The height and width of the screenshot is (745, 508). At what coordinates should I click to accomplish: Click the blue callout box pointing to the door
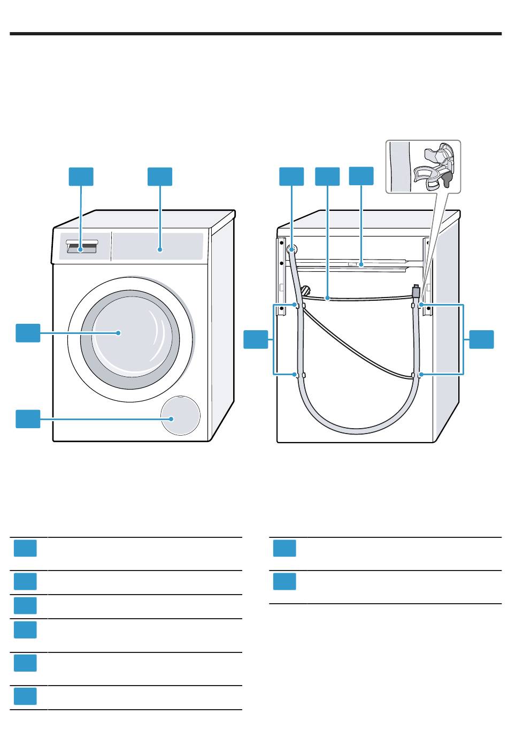(x=28, y=332)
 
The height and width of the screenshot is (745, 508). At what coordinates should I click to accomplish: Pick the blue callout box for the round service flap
(x=28, y=419)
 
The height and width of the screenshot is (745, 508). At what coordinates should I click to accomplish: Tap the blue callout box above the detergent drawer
(x=81, y=177)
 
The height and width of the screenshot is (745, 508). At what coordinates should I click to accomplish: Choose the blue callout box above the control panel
(x=160, y=177)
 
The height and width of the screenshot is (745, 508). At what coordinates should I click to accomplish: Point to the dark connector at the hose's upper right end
(x=416, y=293)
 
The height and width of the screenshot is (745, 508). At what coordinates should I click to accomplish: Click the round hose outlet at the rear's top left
(x=292, y=249)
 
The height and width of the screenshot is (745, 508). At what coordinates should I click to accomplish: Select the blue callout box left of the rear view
(x=256, y=340)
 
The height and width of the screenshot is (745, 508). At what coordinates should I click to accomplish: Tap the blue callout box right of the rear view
(x=481, y=340)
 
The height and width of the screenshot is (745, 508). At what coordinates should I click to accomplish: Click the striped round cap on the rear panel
(x=306, y=290)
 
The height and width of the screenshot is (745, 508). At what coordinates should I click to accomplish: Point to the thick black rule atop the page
(x=254, y=35)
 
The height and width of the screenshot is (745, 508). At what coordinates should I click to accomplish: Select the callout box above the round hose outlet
(x=291, y=177)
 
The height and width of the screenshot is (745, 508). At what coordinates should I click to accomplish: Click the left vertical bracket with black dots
(x=281, y=268)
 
